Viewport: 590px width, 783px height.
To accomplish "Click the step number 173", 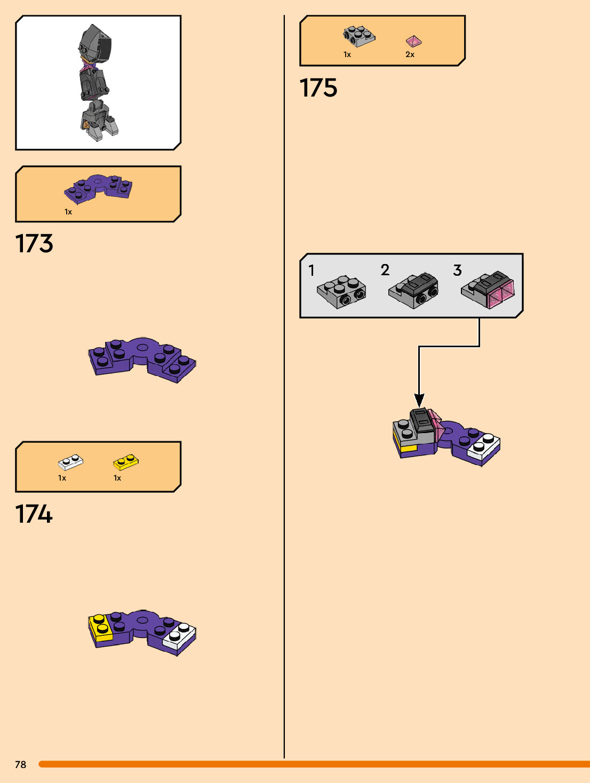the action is coord(34,244).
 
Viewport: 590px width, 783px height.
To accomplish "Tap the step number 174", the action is coord(34,514).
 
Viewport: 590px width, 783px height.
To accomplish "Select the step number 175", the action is coord(318,88).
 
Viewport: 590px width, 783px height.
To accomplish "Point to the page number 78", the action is coord(21,764).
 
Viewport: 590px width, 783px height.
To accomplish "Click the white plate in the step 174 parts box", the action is coord(70,461).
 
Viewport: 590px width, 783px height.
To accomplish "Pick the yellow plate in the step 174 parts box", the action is coord(126,461).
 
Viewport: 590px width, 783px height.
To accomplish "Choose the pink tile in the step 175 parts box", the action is coord(413,41).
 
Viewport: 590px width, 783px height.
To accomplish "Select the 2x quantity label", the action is coord(410,54).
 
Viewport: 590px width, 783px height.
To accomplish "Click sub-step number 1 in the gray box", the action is coord(312,270).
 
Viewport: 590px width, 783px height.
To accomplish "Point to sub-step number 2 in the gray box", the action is coord(385,270).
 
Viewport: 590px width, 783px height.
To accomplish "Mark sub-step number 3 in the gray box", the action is coord(457,270).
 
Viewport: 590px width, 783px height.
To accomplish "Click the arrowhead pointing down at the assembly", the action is coord(419,400).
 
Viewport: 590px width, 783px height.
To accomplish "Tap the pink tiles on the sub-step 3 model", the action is coord(500,295).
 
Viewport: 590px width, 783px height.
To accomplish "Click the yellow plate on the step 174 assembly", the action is coord(101,626).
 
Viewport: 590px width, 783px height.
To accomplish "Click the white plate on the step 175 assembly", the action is coord(484,445).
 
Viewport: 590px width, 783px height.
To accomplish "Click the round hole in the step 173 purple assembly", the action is coord(142,347).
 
